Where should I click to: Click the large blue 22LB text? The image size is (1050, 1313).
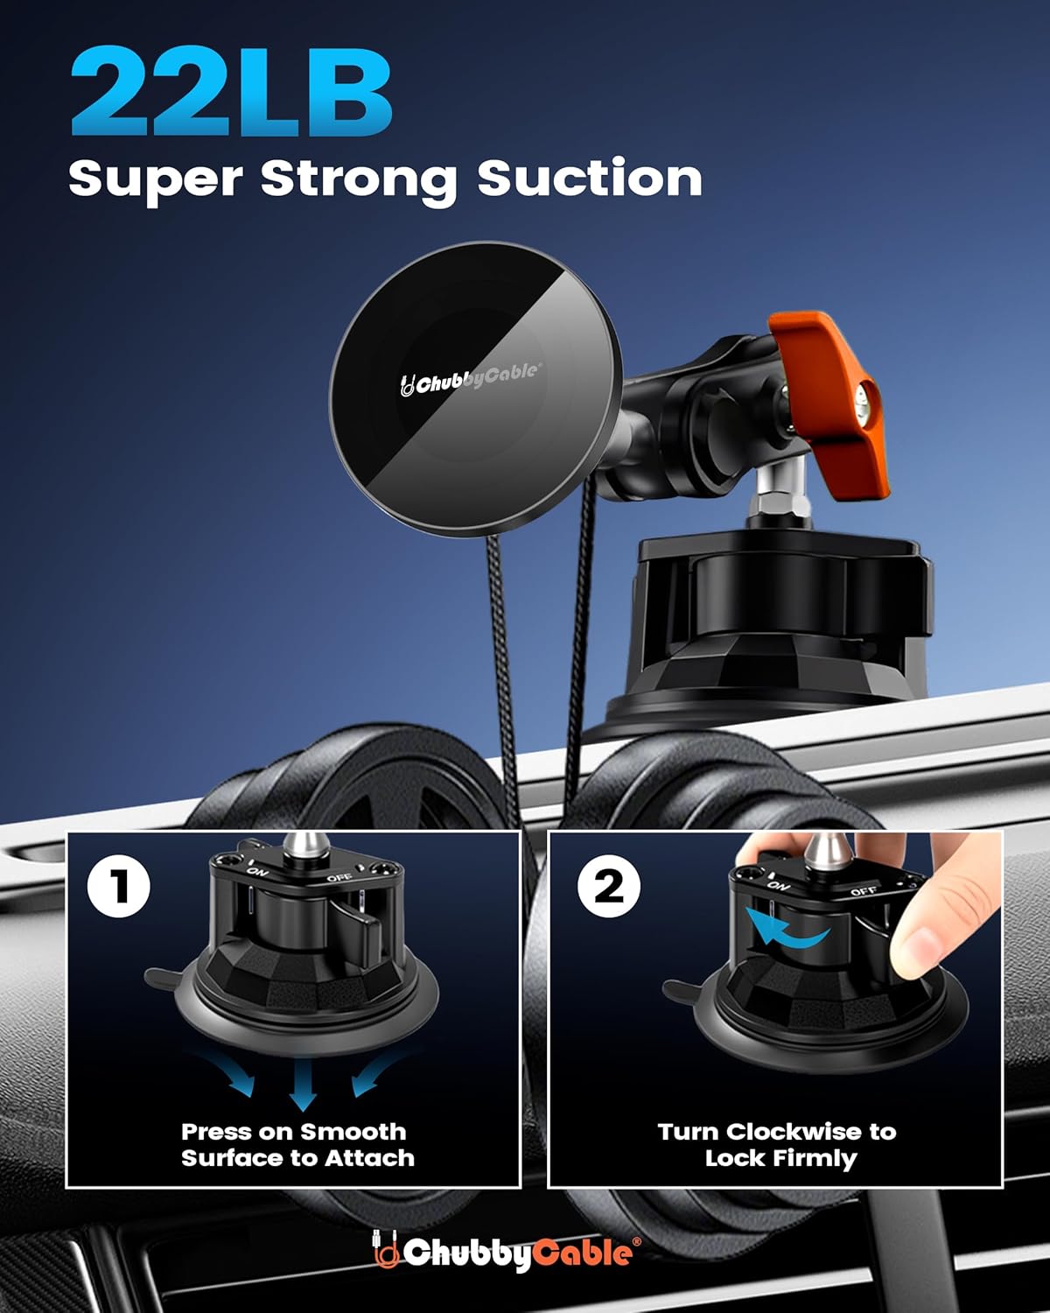[231, 92]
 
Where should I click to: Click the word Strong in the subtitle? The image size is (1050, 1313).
[359, 179]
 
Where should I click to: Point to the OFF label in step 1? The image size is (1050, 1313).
[339, 877]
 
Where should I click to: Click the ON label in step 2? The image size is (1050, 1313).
[778, 885]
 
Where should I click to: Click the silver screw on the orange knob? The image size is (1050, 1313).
[867, 405]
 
